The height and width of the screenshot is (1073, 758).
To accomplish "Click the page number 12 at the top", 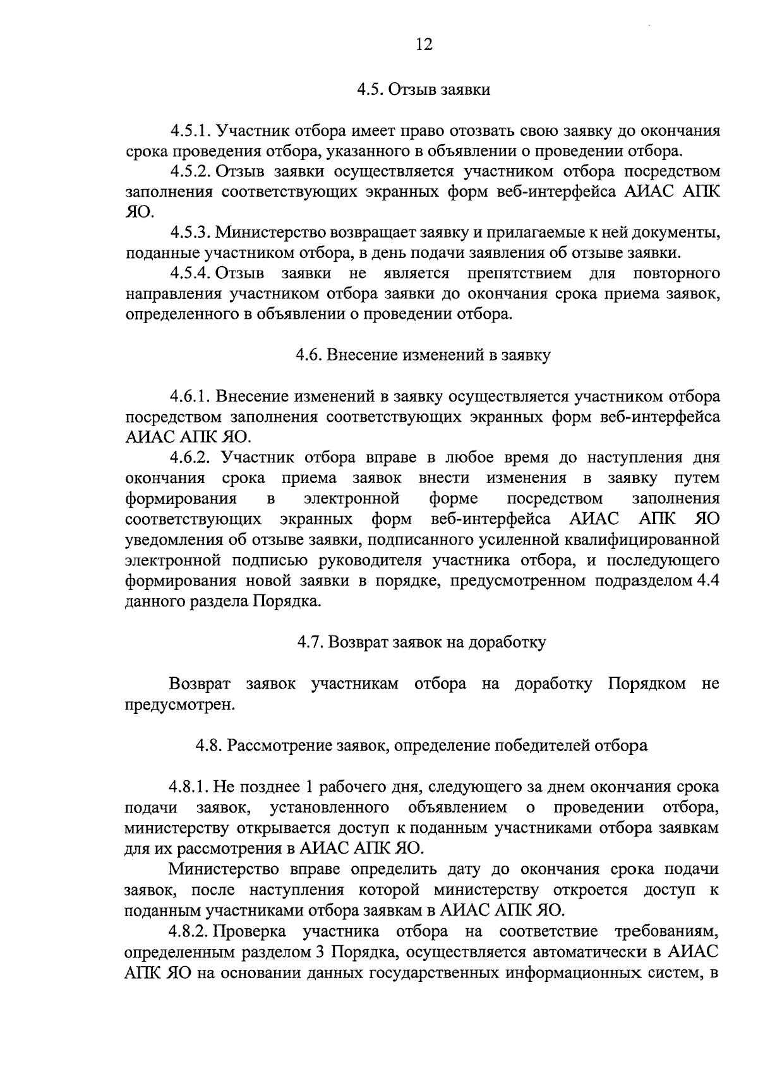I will pos(424,44).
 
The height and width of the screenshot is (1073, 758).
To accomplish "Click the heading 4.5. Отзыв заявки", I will pos(423,90).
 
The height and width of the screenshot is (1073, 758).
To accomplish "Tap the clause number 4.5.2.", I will pos(191,172).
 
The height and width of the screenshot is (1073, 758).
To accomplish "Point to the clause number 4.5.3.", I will pos(190,233).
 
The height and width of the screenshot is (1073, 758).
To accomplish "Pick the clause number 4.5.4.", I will pos(191,274).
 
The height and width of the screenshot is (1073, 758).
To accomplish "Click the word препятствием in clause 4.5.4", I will pos(519,274).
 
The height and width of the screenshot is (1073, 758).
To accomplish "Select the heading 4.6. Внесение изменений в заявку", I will pos(423,355).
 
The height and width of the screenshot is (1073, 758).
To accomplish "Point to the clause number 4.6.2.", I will pos(190,458).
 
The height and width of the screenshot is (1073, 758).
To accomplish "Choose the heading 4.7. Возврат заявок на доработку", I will pos(422,642).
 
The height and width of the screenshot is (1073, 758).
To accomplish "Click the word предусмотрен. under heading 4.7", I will pos(180,704).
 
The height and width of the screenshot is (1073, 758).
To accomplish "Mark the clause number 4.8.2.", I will pos(190,931).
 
